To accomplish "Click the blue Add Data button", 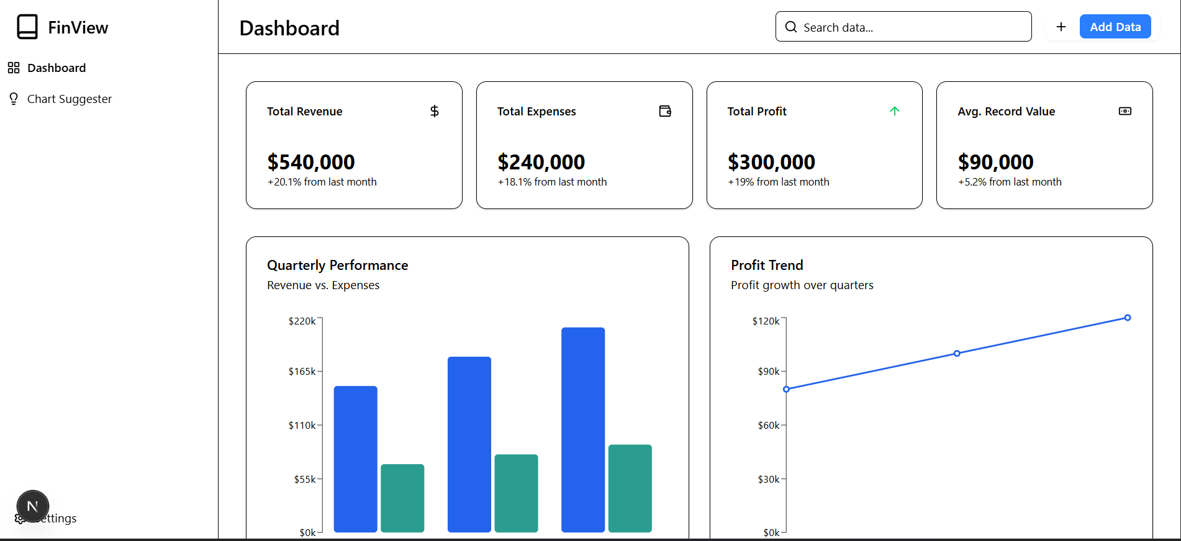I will [1115, 27].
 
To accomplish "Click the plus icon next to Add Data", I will [1061, 27].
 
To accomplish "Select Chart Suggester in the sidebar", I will [69, 99].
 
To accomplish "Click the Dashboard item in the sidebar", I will [56, 68].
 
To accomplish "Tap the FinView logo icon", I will [27, 27].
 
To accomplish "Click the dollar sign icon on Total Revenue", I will [435, 111].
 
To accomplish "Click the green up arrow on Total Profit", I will [894, 111].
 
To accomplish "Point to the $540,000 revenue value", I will [311, 162].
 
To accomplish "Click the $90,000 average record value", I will [995, 162].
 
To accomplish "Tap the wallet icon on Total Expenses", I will [665, 111].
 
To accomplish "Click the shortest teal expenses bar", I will [402, 498].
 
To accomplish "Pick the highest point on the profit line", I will [1128, 318].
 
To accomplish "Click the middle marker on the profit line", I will [957, 354].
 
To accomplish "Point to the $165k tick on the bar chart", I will [302, 372].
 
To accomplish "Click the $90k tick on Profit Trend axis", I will [769, 372].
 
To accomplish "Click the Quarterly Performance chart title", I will [337, 266].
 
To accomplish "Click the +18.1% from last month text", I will [552, 182].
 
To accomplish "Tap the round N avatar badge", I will [33, 506].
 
